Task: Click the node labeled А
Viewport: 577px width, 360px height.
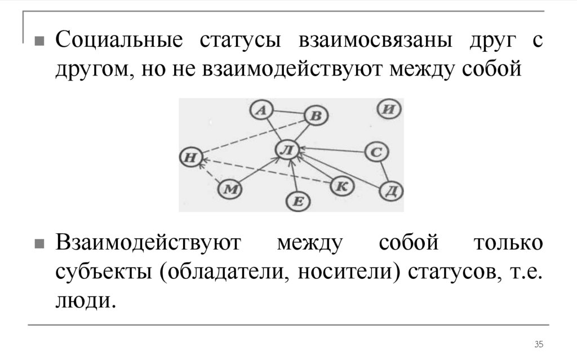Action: coord(260,110)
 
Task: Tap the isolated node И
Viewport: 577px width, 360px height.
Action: coord(387,109)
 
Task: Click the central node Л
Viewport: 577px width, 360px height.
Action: coord(288,149)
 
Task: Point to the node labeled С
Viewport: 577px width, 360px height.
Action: coord(376,152)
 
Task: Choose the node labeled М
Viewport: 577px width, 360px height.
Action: coord(229,189)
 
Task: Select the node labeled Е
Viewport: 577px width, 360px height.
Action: coord(299,201)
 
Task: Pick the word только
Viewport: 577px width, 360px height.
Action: coord(508,245)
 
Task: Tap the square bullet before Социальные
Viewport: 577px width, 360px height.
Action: coord(39,42)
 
